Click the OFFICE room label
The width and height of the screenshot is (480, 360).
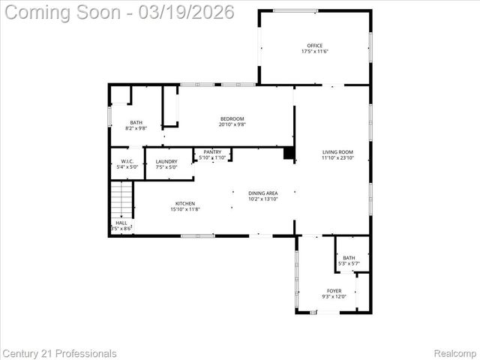(x=314, y=46)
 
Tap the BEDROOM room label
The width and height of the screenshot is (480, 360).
(x=232, y=118)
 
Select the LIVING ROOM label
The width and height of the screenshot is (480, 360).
(x=337, y=152)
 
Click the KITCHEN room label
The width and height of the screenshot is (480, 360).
(x=185, y=204)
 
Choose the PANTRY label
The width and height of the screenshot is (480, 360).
(x=212, y=152)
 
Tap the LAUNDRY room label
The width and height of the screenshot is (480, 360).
(x=166, y=161)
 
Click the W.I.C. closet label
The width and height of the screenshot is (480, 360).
(x=127, y=161)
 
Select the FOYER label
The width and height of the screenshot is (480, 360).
(x=334, y=290)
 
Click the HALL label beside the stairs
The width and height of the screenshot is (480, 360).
(x=121, y=223)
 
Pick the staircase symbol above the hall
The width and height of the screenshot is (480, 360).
(x=121, y=201)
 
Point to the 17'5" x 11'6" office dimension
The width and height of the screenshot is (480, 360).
(x=314, y=51)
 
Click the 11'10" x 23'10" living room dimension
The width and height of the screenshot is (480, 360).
(x=337, y=157)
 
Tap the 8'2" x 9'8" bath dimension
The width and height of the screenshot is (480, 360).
(x=136, y=128)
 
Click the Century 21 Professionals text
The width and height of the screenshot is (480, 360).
(x=59, y=353)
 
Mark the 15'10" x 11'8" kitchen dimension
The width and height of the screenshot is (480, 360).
(x=185, y=209)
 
